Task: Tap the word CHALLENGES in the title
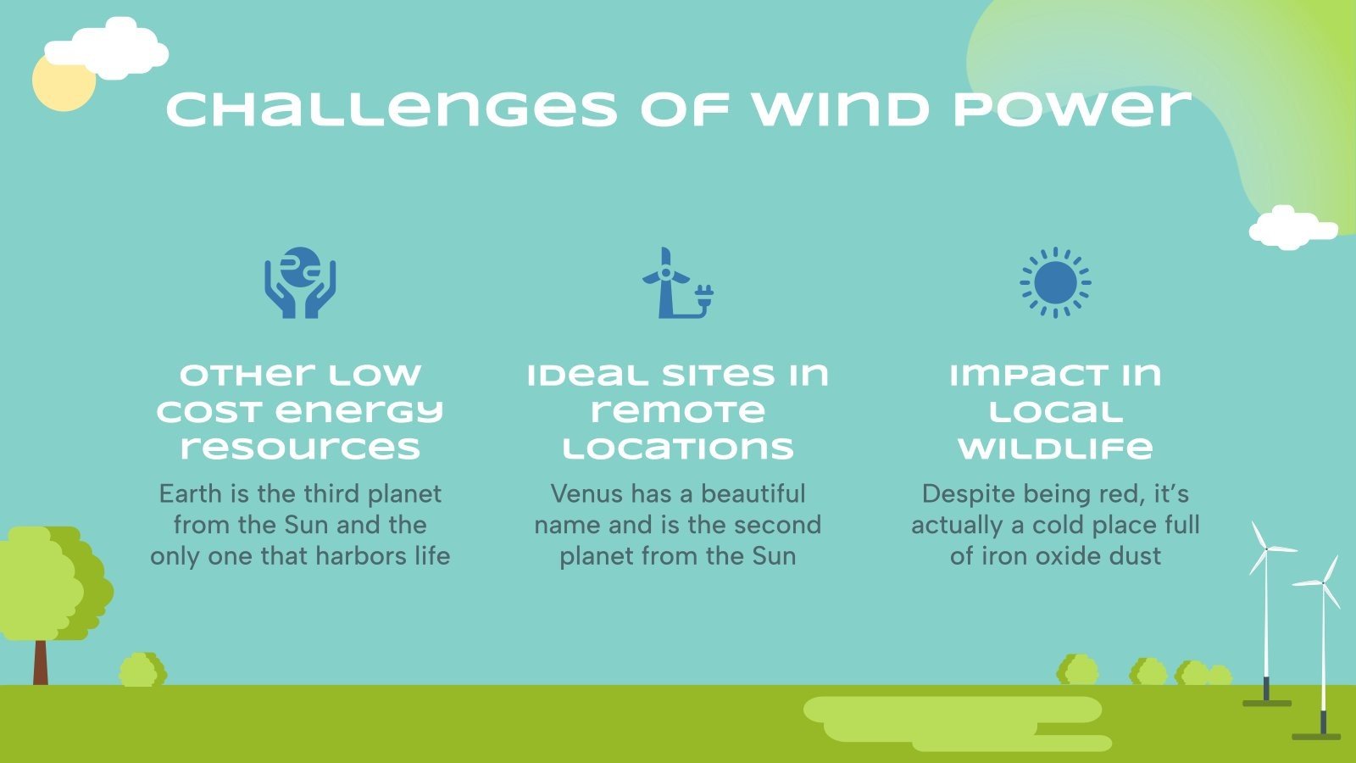coord(392,110)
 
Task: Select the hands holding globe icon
coord(300,283)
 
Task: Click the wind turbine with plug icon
coord(677,283)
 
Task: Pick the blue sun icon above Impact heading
coord(1055,283)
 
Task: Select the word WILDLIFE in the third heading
coord(1055,448)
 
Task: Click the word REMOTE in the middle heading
coord(677,412)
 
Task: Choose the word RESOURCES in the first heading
coord(300,448)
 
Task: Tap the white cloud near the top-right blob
coord(1290,227)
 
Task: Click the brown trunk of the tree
coord(40,662)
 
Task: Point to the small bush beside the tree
coord(142,670)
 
